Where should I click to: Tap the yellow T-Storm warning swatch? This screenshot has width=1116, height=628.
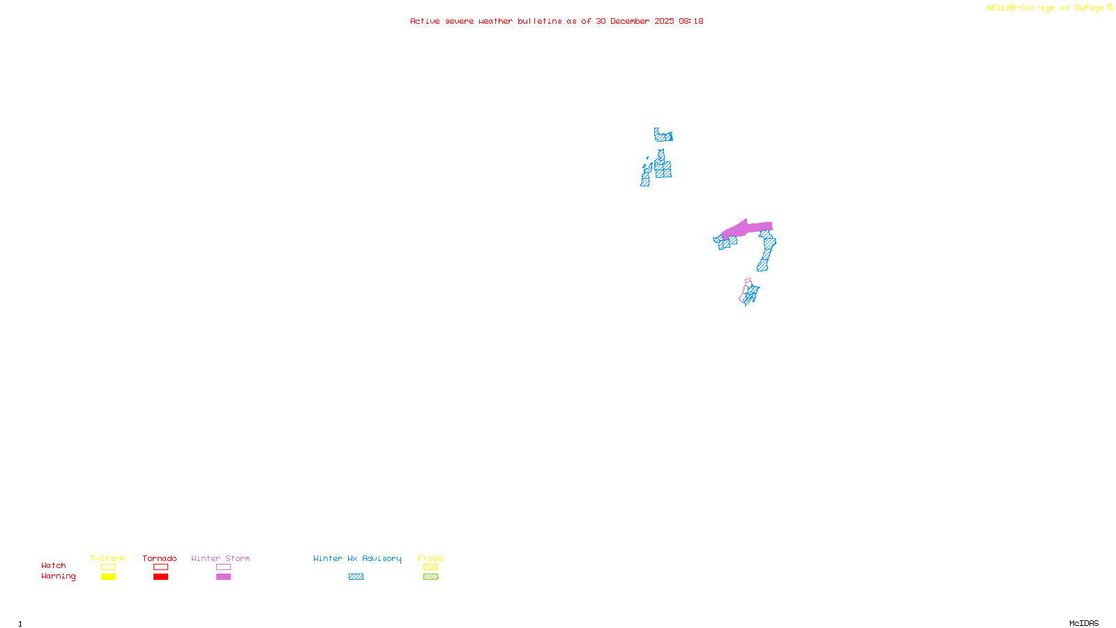[108, 577]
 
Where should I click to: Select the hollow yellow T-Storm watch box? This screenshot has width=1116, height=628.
[108, 567]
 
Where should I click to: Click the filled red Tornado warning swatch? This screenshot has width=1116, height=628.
[160, 577]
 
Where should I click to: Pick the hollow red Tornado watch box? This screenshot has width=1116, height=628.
[160, 567]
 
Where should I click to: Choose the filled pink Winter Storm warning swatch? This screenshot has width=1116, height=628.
[223, 577]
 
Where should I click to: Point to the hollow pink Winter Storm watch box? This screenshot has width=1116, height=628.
[223, 567]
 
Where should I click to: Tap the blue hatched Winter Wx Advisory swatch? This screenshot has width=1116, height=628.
[356, 577]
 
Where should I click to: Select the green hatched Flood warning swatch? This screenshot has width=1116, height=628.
[430, 577]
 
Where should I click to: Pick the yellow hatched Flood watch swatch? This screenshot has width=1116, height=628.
[430, 567]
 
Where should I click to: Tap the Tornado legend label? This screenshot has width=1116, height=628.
[160, 558]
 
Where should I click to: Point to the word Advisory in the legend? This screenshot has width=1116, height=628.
[382, 558]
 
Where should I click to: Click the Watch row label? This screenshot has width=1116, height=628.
[54, 565]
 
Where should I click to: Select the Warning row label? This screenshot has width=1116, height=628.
[58, 576]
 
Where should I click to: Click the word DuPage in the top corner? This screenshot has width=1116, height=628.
[1089, 8]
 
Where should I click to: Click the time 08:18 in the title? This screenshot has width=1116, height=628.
[691, 21]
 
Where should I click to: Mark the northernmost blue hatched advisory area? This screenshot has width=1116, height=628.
[663, 136]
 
